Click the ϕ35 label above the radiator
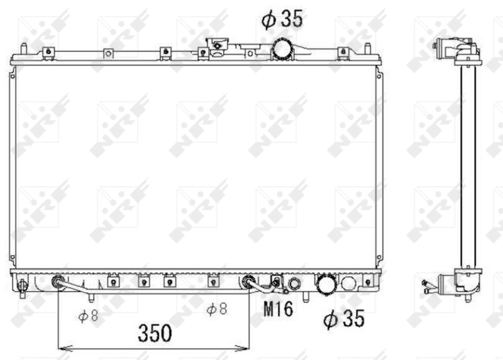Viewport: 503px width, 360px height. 282,19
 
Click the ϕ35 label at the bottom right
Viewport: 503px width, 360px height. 343,319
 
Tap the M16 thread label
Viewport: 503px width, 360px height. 277,308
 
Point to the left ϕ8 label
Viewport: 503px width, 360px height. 88,316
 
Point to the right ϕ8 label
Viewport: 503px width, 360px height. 218,308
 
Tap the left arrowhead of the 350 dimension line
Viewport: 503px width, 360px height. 62,347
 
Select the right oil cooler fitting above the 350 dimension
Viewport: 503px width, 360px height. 248,281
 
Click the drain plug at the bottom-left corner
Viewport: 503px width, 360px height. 23,287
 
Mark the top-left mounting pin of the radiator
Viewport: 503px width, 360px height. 23,48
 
